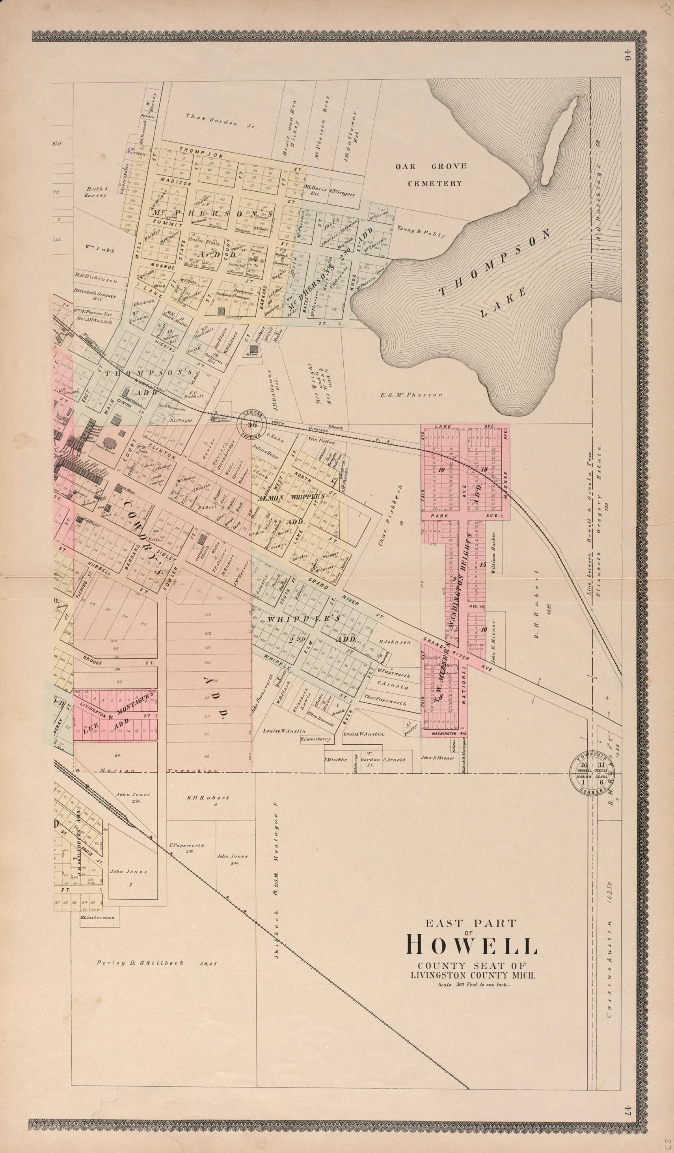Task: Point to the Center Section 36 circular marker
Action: click(254, 424)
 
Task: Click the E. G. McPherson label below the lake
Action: click(411, 394)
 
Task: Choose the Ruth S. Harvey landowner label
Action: click(95, 192)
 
